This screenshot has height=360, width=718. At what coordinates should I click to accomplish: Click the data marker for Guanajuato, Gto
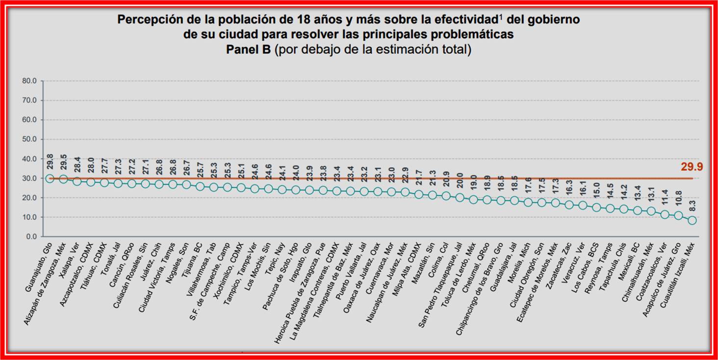pos(50,179)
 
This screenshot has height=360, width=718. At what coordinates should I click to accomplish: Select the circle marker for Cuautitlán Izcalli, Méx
pos(692,220)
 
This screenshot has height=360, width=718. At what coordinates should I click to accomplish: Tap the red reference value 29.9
pos(692,167)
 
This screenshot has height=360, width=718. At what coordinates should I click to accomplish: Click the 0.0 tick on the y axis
pos(31,236)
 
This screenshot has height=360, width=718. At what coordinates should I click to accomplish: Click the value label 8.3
pos(692,206)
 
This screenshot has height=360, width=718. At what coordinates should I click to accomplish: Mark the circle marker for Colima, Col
pos(446,196)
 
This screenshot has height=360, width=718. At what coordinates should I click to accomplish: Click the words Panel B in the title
pos(248,50)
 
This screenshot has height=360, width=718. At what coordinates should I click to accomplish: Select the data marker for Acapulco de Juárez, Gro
pos(678,215)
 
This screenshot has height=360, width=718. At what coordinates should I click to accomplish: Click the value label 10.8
pos(678,200)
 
